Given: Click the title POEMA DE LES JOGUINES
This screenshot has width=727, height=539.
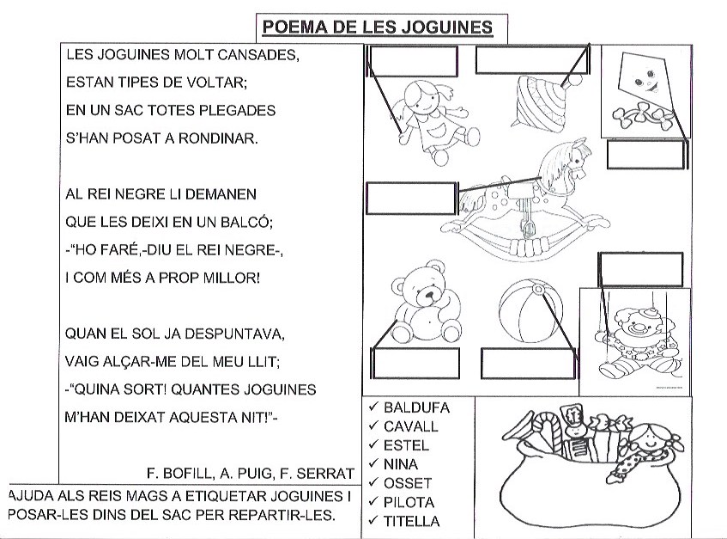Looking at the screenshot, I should tap(377, 28).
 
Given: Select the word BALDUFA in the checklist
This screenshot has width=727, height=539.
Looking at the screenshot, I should tap(416, 407).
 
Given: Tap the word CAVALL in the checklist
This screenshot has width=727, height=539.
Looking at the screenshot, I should tap(411, 426).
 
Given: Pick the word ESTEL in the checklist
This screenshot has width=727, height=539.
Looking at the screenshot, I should tap(406, 445).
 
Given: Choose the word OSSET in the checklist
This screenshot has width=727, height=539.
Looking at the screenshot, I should tap(408, 483).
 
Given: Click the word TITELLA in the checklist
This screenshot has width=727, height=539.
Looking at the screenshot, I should tap(411, 521).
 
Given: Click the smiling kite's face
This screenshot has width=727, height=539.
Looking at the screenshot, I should tap(645, 82).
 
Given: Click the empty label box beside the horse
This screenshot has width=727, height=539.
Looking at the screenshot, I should tap(409, 199).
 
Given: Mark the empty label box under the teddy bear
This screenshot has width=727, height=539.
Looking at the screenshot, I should tap(412, 363).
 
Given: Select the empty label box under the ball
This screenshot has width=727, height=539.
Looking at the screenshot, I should tap(525, 363).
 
